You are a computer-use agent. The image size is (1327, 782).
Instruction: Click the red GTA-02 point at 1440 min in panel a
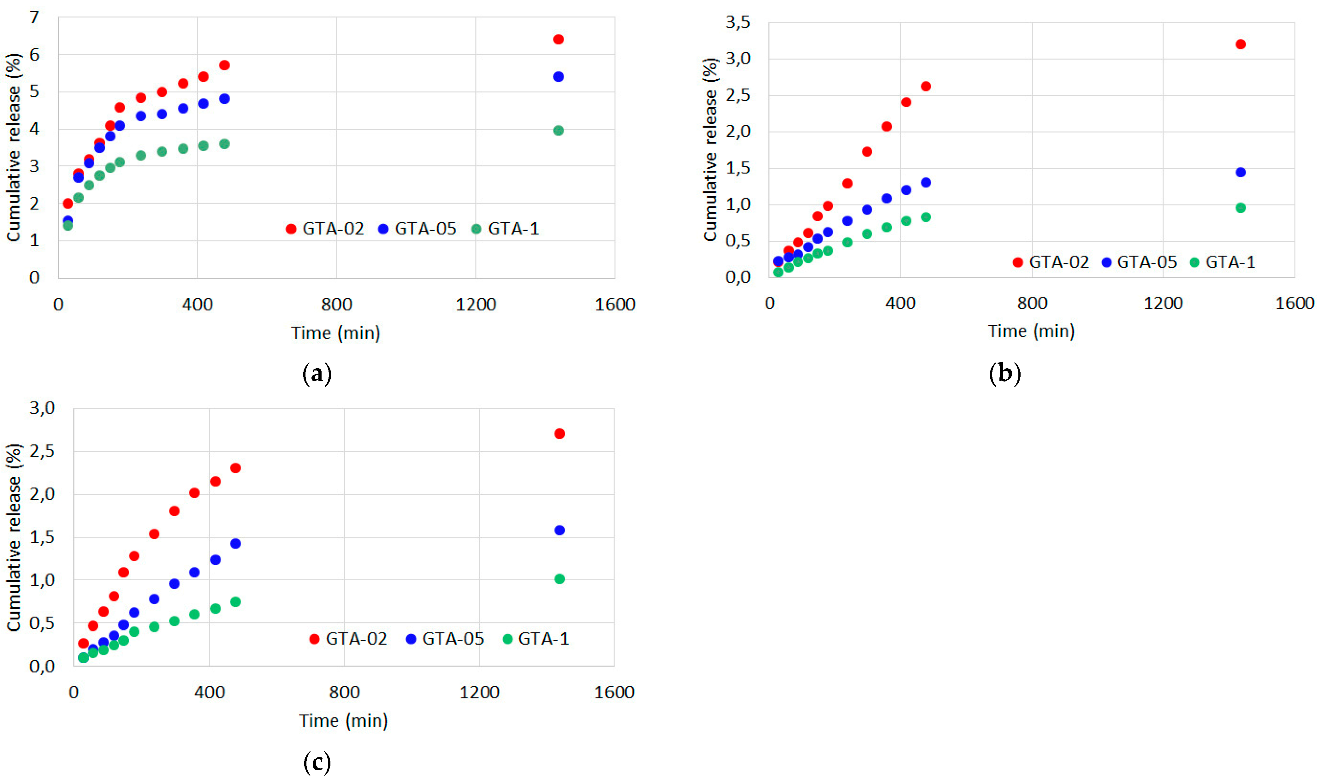point(558,39)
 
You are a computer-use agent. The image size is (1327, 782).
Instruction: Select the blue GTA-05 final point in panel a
point(558,77)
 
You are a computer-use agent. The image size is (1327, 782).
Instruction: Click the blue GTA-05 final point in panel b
point(1241,172)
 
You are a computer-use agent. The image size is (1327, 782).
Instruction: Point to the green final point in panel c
point(560,579)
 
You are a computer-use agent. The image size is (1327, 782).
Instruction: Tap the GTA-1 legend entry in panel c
point(536,639)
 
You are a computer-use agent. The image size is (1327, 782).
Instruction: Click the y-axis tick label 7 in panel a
point(34,17)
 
